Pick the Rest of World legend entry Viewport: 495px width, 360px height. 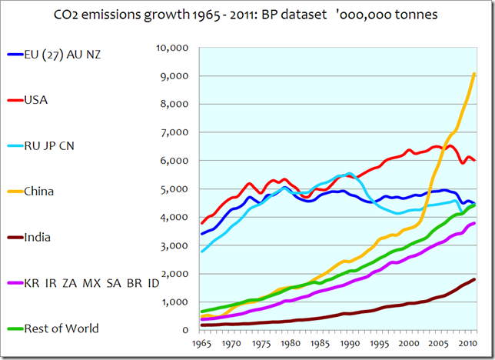point(61,328)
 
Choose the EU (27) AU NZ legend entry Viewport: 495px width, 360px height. point(61,54)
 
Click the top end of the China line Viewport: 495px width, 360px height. point(474,74)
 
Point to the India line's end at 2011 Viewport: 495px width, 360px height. point(474,279)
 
